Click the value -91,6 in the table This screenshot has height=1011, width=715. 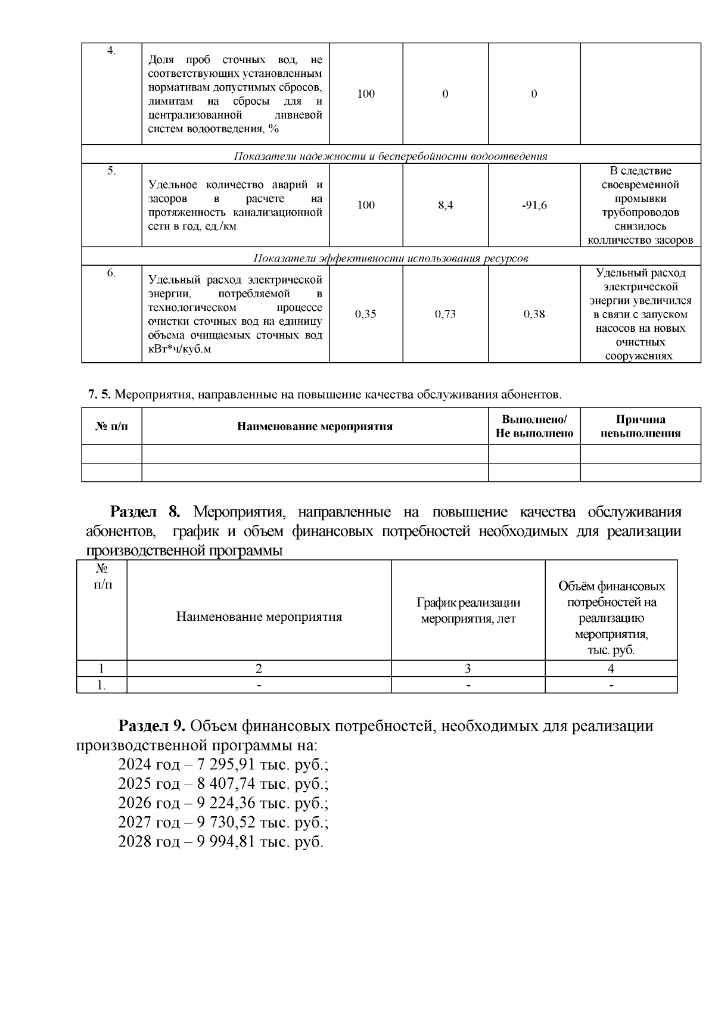tap(534, 206)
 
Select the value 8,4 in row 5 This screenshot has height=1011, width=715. tap(445, 206)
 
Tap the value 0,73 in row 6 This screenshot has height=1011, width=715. tap(445, 314)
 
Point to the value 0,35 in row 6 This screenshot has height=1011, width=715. tap(365, 314)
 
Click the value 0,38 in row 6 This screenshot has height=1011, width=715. tap(534, 314)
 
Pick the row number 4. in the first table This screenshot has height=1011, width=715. tap(111, 51)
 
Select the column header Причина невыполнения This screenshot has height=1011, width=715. tap(640, 426)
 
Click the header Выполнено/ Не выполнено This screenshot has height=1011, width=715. tap(534, 426)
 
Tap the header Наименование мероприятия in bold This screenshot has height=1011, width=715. tap(315, 427)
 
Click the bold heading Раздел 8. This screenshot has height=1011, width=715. tap(145, 512)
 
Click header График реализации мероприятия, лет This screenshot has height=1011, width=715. tap(468, 611)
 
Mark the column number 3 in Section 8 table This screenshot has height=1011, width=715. tap(468, 668)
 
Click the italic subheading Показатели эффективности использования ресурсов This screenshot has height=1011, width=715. tap(391, 259)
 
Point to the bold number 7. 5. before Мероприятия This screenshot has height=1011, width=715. tap(100, 394)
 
